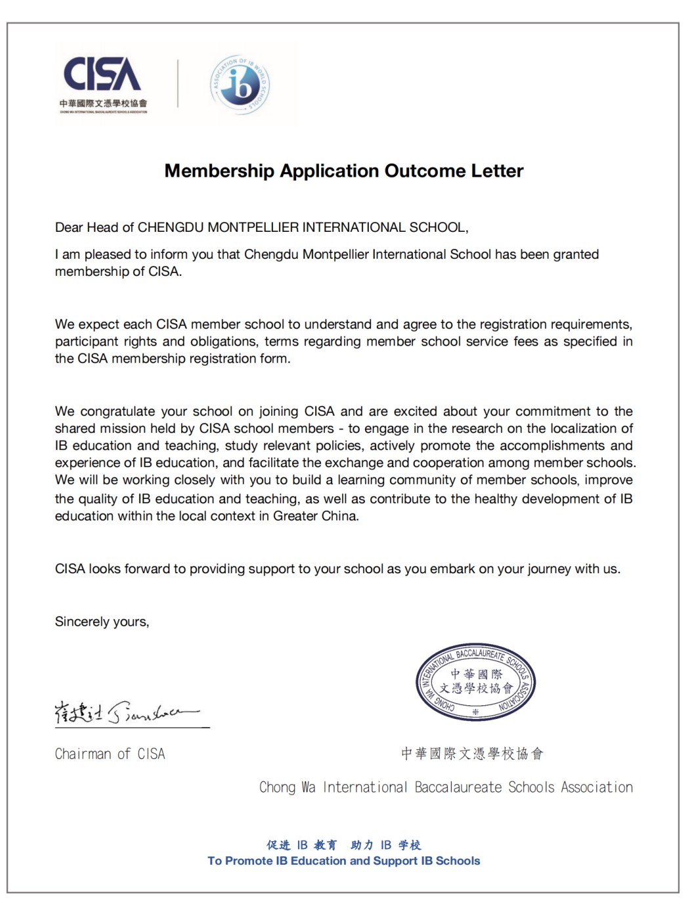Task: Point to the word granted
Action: pyautogui.click(x=575, y=254)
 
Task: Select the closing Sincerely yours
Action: pyautogui.click(x=102, y=622)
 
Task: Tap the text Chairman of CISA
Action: pyautogui.click(x=110, y=754)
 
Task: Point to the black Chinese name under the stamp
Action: pyautogui.click(x=472, y=753)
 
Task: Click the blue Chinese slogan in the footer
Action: pyautogui.click(x=343, y=844)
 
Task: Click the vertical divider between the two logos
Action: pyautogui.click(x=178, y=83)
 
